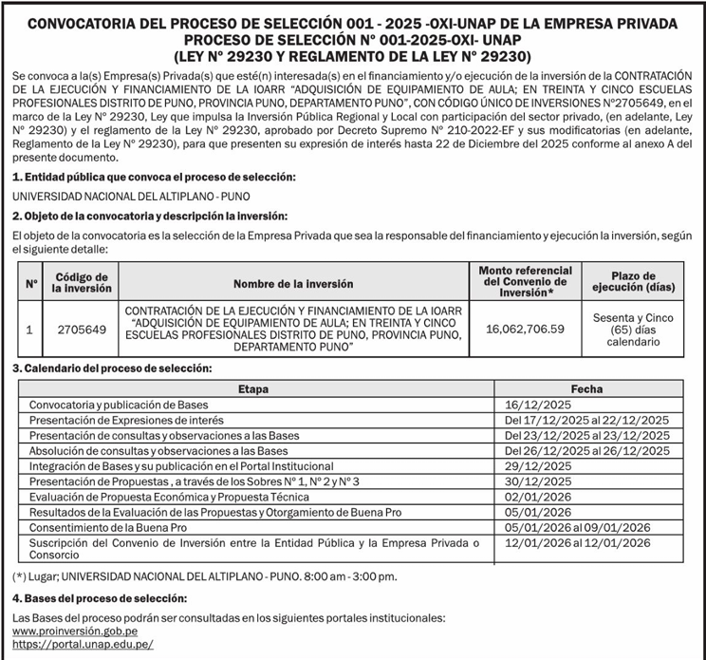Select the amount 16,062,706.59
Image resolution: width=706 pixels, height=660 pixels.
pos(524,330)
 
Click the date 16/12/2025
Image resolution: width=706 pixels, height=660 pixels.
pos(538,405)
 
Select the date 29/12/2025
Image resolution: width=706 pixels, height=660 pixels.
pos(538,466)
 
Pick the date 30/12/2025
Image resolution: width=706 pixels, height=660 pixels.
pos(538,481)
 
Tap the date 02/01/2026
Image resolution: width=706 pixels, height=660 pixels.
pos(538,497)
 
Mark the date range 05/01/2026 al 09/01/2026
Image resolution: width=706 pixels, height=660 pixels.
pos(577,527)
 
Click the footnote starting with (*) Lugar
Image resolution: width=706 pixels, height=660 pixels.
pos(205,575)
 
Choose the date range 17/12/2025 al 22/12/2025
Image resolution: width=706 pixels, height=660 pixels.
pos(586,420)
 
